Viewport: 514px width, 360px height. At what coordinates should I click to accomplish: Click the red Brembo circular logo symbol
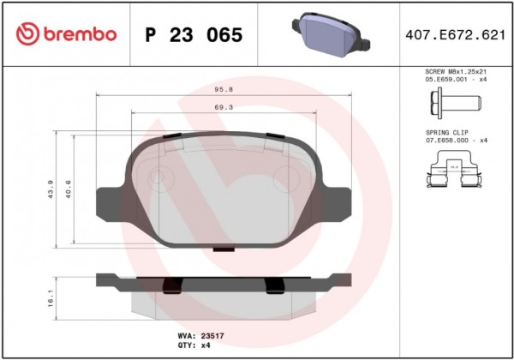coord(28,34)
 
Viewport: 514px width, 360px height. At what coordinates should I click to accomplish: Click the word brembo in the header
coord(80,34)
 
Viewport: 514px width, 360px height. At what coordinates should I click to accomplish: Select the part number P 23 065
coord(194,35)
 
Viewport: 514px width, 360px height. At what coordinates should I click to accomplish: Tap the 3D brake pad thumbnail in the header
coord(331,35)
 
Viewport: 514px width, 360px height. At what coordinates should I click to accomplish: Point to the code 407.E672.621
coord(456,35)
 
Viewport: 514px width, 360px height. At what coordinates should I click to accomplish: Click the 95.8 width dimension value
coord(224,89)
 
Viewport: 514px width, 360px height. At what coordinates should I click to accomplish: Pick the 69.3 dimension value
coord(224,107)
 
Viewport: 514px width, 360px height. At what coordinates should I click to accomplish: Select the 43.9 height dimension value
coord(51,189)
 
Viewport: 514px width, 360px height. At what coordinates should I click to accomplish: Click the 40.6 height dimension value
coord(69,189)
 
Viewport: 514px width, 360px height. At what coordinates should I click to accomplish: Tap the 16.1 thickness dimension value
coord(51,298)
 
